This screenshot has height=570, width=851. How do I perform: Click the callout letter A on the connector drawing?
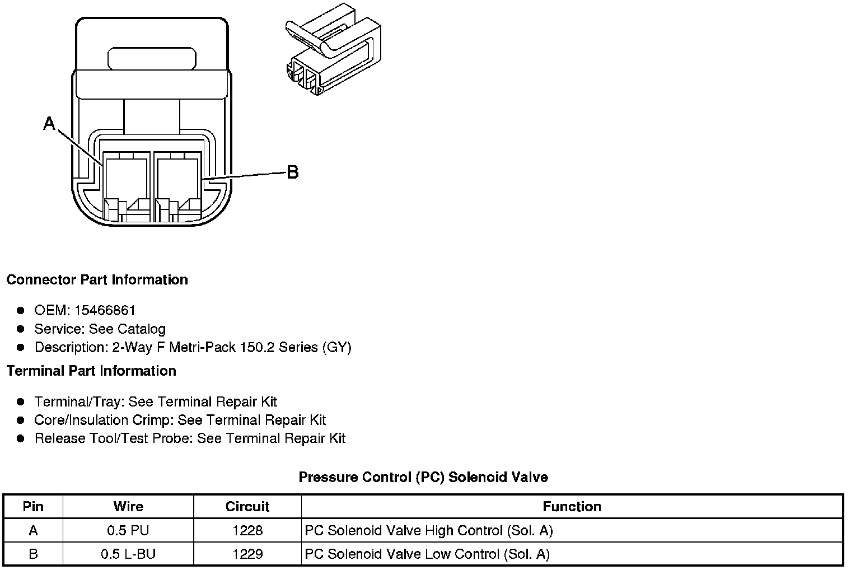[x=50, y=123]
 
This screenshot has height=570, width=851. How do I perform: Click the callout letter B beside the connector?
[x=292, y=172]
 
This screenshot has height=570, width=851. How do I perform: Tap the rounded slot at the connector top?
[x=152, y=59]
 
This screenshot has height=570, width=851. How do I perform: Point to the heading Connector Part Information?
[x=97, y=279]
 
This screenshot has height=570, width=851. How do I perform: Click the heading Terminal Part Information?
[x=91, y=371]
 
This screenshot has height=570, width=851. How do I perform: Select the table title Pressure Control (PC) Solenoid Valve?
[x=423, y=477]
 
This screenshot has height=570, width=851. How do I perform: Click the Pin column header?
[x=33, y=507]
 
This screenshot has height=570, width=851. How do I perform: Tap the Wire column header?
[x=128, y=507]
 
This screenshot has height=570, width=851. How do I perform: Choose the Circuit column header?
[x=247, y=507]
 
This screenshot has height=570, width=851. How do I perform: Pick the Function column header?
[x=572, y=507]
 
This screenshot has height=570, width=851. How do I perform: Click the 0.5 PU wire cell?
[x=128, y=530]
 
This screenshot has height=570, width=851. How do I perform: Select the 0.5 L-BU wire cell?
[x=128, y=554]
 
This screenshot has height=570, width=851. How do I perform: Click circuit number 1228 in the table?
[x=247, y=530]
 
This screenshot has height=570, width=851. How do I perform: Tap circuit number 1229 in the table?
[x=247, y=554]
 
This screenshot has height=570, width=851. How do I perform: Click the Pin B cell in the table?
[x=33, y=554]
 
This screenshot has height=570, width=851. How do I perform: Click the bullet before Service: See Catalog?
[x=21, y=329]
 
